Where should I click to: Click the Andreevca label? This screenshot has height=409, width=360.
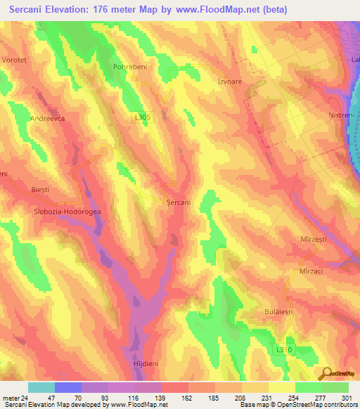(x=48, y=119)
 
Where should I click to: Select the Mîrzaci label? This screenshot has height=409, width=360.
(x=310, y=271)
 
